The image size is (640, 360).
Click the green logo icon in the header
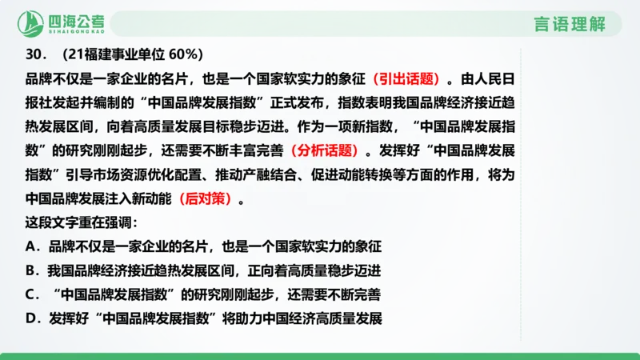coord(31,23)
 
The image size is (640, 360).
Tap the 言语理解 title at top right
coord(570,23)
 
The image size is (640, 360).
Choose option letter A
coord(31,246)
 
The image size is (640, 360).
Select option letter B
coord(31,270)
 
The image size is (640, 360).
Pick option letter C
coord(31,294)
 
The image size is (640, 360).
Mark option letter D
coord(31,318)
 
